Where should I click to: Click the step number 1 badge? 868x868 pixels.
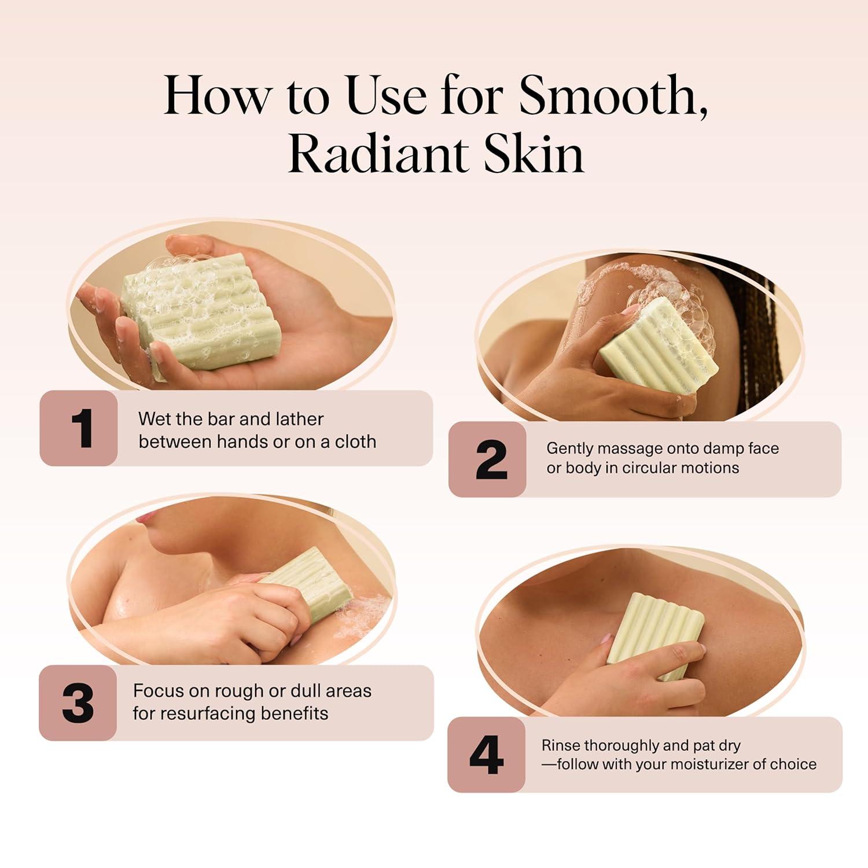[79, 428]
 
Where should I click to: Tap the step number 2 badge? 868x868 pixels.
[488, 459]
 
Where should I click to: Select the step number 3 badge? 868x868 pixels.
[78, 703]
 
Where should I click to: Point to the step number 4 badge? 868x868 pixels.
[486, 755]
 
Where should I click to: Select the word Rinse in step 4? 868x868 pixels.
[560, 745]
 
